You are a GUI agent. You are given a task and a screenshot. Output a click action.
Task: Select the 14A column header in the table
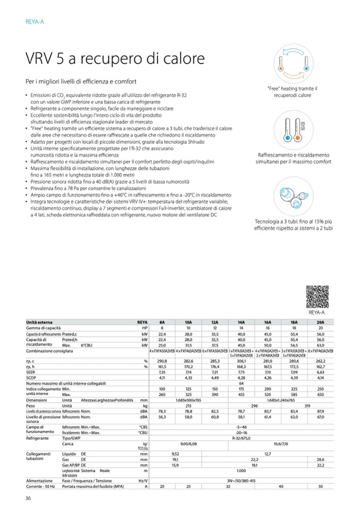pos(242,322)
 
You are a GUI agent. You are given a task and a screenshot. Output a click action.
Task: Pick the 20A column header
pos(320,322)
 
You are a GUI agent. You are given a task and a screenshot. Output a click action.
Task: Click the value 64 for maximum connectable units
pos(242,383)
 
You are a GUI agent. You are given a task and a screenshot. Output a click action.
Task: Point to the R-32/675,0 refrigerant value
pos(242,438)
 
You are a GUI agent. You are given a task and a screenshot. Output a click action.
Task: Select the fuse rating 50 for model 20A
pos(320,486)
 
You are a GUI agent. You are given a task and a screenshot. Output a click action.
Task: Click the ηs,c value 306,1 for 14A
pos(242,360)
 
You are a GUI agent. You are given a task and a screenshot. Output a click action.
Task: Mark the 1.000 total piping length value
pos(242,470)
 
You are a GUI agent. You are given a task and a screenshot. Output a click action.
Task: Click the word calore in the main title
pos(181,58)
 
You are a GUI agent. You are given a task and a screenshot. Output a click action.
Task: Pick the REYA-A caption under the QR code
pos(317,313)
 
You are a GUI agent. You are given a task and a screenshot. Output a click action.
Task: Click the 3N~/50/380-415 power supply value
pos(242,480)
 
